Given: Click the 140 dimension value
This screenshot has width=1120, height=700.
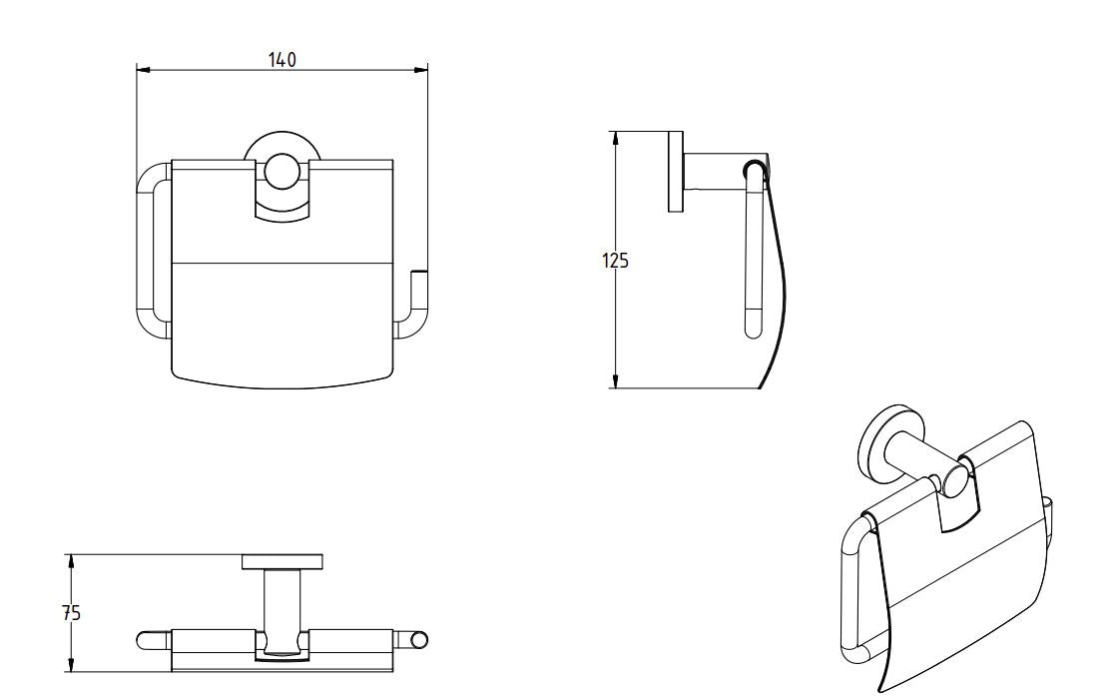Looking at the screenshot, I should click(x=282, y=60).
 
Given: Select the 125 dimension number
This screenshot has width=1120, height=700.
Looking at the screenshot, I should click(x=615, y=261).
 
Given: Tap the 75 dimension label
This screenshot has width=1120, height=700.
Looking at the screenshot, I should click(x=70, y=613).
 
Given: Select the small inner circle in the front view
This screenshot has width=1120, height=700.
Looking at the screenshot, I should click(x=280, y=172).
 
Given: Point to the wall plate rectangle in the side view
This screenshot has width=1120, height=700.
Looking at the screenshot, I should click(x=676, y=171).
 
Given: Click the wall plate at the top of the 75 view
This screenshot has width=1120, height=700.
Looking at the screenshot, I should click(x=281, y=562).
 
